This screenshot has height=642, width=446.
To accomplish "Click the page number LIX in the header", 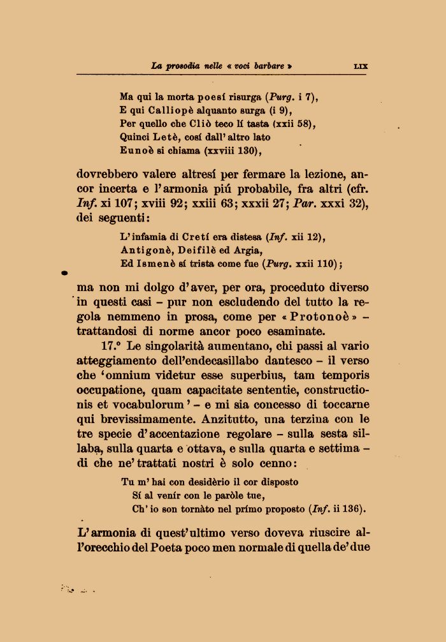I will pyautogui.click(x=360, y=66).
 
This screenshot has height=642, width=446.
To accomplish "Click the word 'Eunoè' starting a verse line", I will pyautogui.click(x=135, y=151).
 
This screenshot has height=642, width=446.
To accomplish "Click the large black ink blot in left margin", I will pyautogui.click(x=64, y=273).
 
